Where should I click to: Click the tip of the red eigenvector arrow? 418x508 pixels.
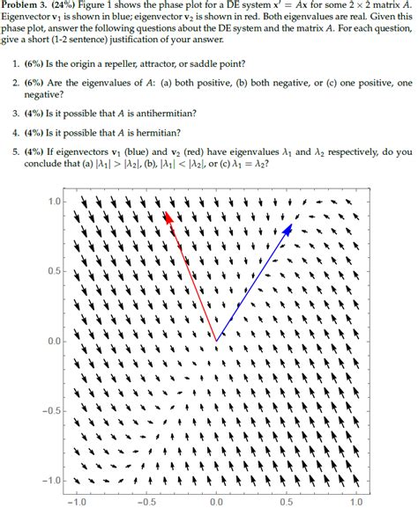click(165, 212)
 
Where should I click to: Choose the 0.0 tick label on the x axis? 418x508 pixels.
click(217, 501)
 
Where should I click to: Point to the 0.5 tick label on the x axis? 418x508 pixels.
click(287, 501)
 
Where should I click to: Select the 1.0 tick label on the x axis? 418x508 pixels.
click(357, 501)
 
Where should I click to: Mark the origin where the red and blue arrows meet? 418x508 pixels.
click(217, 341)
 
